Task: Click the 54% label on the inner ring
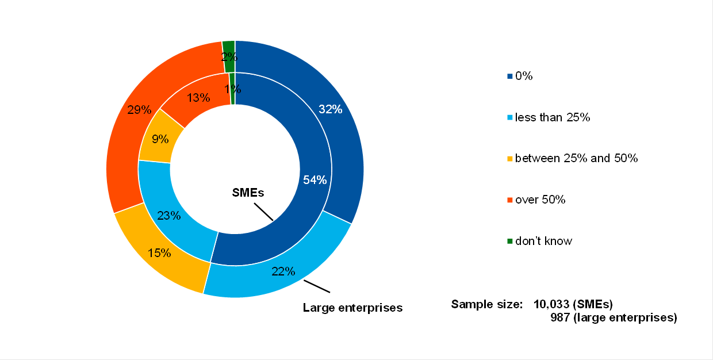point(315,180)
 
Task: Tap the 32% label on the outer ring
point(330,109)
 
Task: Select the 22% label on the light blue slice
point(283,271)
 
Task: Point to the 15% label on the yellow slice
point(159,253)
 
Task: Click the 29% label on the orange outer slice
point(139,109)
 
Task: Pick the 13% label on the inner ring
point(198,98)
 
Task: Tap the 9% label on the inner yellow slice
point(160,139)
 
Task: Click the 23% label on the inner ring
point(169,216)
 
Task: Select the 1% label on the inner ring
point(233,89)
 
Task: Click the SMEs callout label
point(248,193)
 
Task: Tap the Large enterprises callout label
point(352,308)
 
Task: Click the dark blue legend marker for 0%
point(509,76)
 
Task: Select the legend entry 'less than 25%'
point(553,117)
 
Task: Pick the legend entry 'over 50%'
point(540,200)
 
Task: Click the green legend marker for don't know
point(509,241)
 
